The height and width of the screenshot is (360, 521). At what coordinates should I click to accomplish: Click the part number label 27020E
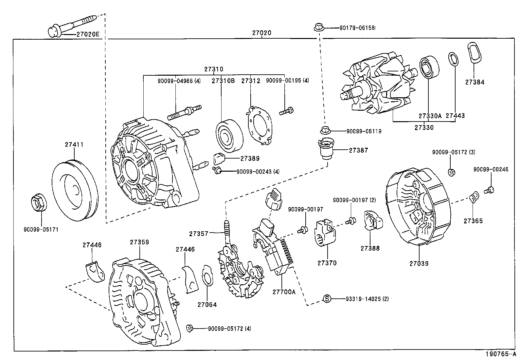coord(88,34)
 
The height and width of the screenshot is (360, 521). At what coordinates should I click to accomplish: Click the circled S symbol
coord(327,299)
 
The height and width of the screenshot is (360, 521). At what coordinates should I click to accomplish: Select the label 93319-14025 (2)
coord(367,299)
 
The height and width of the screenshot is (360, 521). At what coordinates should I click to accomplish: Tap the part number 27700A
coord(284,292)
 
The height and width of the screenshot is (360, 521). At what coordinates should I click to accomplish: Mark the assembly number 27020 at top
coord(261,33)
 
